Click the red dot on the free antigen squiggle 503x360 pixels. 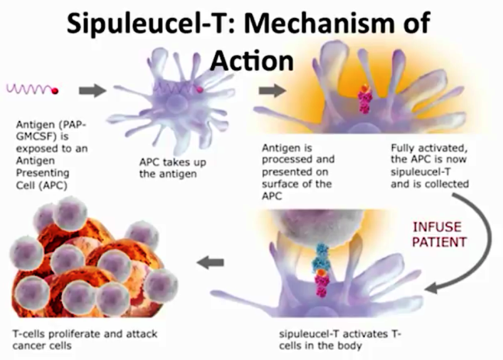click(x=55, y=91)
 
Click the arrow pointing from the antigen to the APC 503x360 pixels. click(x=92, y=91)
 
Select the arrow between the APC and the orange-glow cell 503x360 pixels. click(x=272, y=91)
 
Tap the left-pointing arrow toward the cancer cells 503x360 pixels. click(x=210, y=262)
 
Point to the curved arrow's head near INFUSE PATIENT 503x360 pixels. click(x=432, y=288)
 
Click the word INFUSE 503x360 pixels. click(x=437, y=227)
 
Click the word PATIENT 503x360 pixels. click(x=439, y=242)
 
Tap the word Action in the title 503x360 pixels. click(x=252, y=61)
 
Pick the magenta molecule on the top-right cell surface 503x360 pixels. click(x=365, y=99)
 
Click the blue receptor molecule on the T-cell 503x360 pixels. click(x=321, y=257)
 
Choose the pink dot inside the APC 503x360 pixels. click(x=199, y=90)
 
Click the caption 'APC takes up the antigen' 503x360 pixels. click(x=172, y=168)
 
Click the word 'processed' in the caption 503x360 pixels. click(x=284, y=160)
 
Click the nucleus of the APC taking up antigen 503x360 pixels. click(x=176, y=105)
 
